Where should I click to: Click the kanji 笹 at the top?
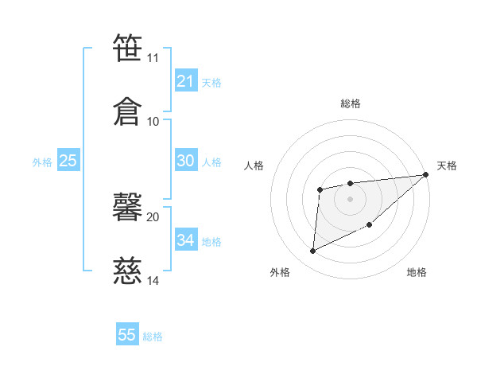click(x=127, y=48)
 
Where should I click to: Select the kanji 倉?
click(x=127, y=110)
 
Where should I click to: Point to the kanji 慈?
click(x=127, y=271)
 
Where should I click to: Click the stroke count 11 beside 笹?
click(x=153, y=58)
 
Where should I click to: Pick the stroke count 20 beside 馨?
click(x=153, y=216)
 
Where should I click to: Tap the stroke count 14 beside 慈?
click(x=153, y=280)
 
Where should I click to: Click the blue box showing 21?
click(x=185, y=81)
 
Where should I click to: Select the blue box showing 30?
click(x=185, y=161)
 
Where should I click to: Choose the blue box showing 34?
click(x=185, y=240)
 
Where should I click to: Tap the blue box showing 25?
click(x=68, y=161)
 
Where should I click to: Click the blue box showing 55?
click(x=127, y=335)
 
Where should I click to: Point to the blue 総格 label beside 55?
click(x=153, y=337)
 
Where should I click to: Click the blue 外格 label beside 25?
click(x=42, y=162)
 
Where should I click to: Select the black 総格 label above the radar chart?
click(x=350, y=103)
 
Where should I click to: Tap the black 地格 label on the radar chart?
click(x=417, y=273)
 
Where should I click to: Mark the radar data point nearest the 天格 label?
click(x=426, y=174)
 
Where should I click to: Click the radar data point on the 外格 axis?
click(x=312, y=251)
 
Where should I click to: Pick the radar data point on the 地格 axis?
click(x=370, y=224)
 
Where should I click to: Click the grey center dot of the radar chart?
click(x=350, y=199)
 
